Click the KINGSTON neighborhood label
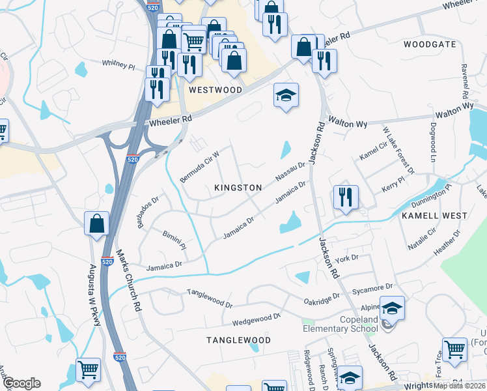238,188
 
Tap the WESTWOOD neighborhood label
215,90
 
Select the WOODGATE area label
430,44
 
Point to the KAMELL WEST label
434,215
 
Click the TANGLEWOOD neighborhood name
238,340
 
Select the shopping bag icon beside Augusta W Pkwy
97,224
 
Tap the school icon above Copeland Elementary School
392,308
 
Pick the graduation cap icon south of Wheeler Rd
285,95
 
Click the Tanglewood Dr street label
210,299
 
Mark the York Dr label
346,259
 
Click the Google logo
21,383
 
